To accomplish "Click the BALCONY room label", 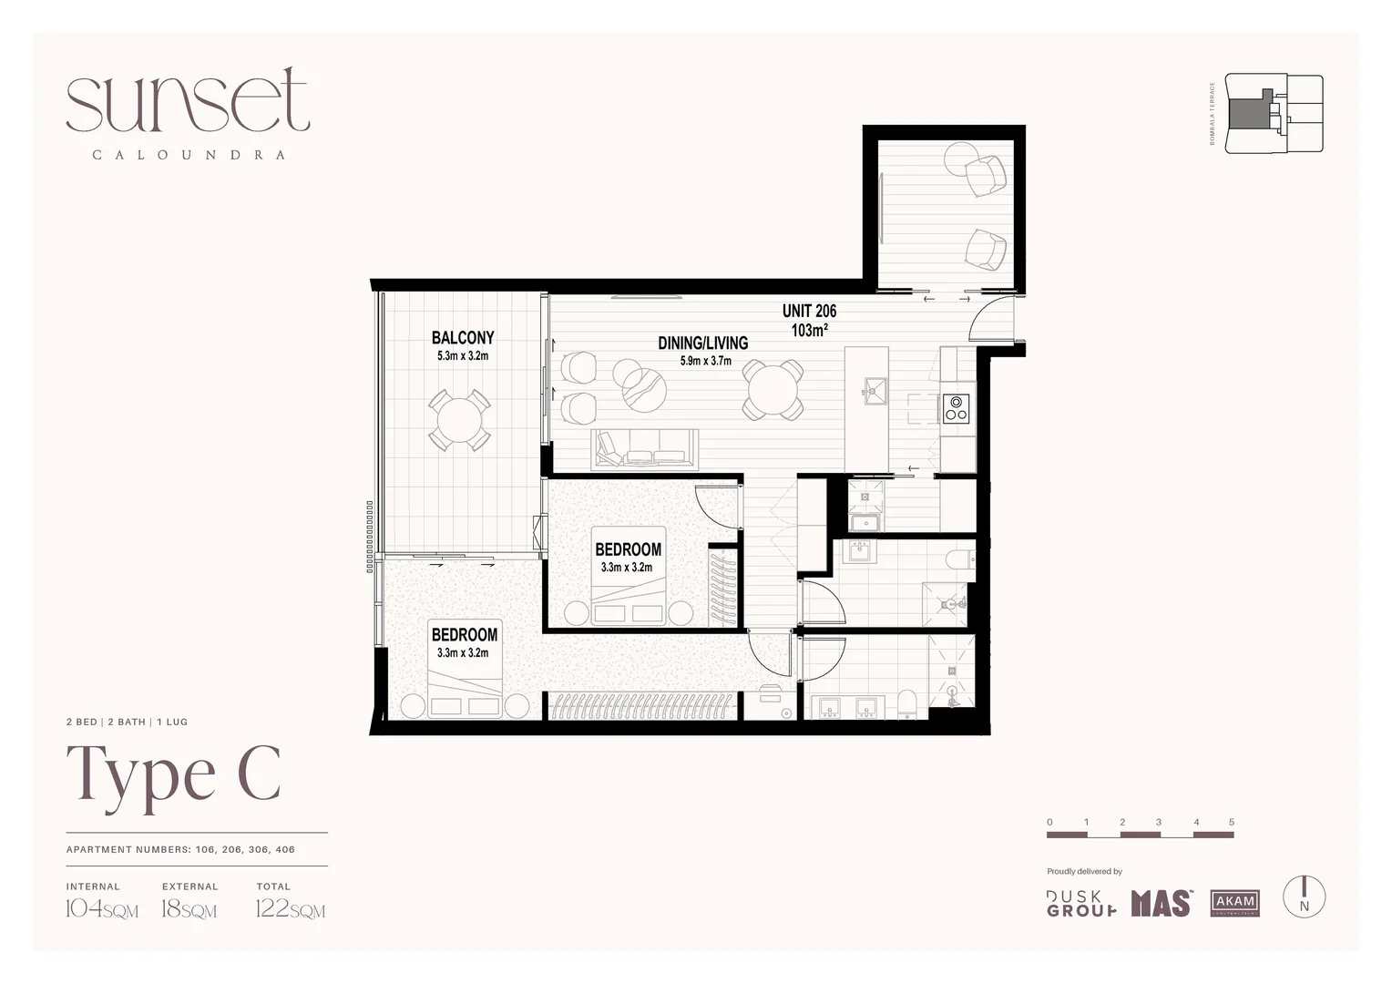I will point(463,338).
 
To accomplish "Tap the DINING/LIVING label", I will point(702,343).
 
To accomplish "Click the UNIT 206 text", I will point(809,312).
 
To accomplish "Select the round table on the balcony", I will point(460,421).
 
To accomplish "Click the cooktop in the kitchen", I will point(956,407).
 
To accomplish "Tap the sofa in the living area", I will point(645,448).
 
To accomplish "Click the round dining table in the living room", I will point(773,390).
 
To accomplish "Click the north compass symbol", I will point(1304,897).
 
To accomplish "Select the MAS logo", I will point(1161,903).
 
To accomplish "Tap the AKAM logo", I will point(1234,902).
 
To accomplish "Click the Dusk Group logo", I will point(1081,903).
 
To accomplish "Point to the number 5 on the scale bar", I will point(1231,822).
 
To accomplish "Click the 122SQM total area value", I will point(290,908).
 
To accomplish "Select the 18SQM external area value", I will point(189,908).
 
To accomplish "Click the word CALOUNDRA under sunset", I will point(189,155).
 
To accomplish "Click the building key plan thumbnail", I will point(1274,114).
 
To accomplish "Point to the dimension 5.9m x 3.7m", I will point(705,361).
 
